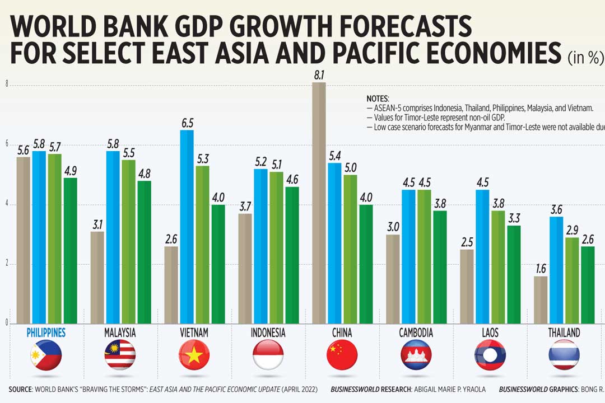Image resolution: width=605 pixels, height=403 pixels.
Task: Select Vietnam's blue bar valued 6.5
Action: point(187,227)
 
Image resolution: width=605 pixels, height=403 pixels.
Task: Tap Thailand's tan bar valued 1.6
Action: point(541,299)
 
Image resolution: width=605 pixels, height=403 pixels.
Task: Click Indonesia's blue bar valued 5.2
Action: point(260,246)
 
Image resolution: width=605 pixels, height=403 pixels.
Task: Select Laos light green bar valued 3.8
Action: point(498,267)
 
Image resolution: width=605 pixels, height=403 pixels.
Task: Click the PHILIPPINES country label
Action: point(46,333)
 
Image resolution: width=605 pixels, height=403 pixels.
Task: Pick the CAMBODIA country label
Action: point(416,333)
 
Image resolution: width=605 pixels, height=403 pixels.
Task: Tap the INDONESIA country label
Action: point(268,333)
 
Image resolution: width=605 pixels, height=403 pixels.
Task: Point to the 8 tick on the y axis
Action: point(7,85)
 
